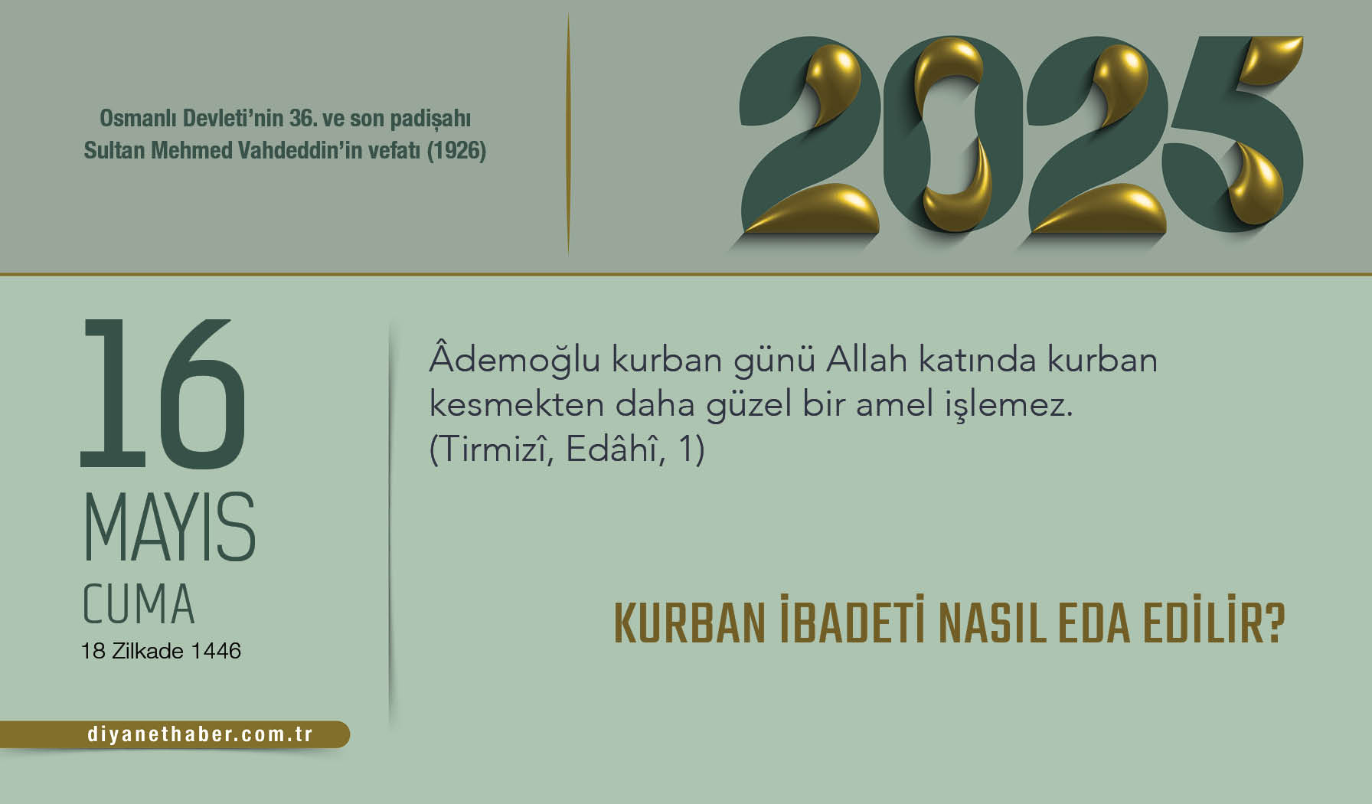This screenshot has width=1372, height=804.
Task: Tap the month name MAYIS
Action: pyautogui.click(x=169, y=528)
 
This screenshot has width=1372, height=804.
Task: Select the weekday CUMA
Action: pyautogui.click(x=139, y=605)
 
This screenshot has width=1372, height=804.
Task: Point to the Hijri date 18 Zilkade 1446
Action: pyautogui.click(x=161, y=651)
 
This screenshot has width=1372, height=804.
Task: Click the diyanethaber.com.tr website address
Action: pyautogui.click(x=200, y=734)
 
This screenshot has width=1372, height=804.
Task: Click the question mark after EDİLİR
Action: pyautogui.click(x=1271, y=624)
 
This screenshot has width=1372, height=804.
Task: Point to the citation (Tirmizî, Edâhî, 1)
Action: pyautogui.click(x=567, y=449)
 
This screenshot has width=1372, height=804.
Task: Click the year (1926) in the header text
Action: pyautogui.click(x=456, y=150)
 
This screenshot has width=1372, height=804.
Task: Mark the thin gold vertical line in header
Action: pyautogui.click(x=568, y=134)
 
